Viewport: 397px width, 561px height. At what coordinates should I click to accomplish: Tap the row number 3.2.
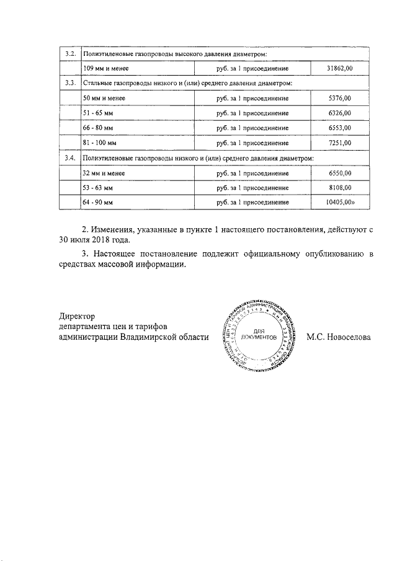[70, 53]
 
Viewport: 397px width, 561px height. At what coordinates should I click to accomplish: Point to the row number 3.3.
[70, 82]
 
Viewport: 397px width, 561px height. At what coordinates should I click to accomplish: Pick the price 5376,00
[340, 98]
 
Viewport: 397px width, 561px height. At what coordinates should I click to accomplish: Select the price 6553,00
[340, 128]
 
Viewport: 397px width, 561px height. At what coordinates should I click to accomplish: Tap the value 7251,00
[340, 143]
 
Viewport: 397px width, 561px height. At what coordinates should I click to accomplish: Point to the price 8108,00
[340, 188]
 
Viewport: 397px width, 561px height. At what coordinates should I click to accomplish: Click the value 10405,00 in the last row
[339, 203]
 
